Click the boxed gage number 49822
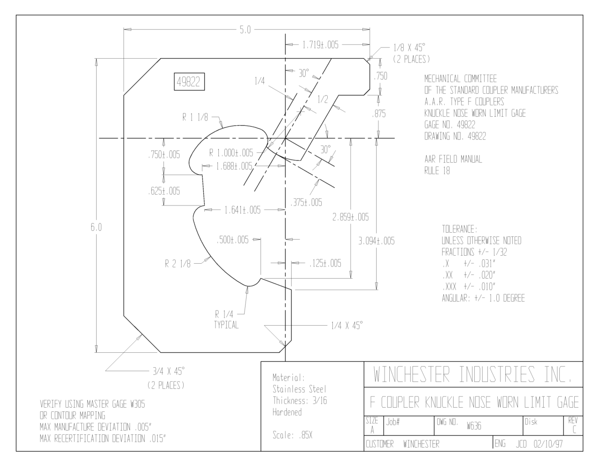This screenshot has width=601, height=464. coord(189,82)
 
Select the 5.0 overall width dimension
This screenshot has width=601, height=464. coord(245,30)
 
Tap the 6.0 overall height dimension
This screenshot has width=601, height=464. coord(96,228)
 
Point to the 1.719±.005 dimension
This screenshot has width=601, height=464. coord(320,45)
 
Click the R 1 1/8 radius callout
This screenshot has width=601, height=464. coord(195,117)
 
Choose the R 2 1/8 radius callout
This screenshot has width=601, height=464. coord(177,264)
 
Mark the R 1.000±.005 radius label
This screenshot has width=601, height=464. coord(231,152)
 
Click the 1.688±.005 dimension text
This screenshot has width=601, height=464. coord(234,166)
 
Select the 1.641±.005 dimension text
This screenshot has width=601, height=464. coord(242,210)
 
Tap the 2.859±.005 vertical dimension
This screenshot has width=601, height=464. coord(350,217)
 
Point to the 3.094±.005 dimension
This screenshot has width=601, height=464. coord(377,241)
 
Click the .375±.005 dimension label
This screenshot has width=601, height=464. coord(306,203)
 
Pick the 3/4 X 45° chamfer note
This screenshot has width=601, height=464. coord(169,371)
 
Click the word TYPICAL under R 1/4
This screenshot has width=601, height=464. coord(226,325)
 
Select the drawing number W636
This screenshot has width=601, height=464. coord(474,426)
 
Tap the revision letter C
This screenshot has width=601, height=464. coord(574,429)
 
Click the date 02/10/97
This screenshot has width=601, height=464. coord(548,444)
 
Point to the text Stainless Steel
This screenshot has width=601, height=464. coord(299,389)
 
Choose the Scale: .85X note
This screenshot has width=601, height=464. coord(293,435)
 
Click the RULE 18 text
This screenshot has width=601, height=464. coord(437,171)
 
